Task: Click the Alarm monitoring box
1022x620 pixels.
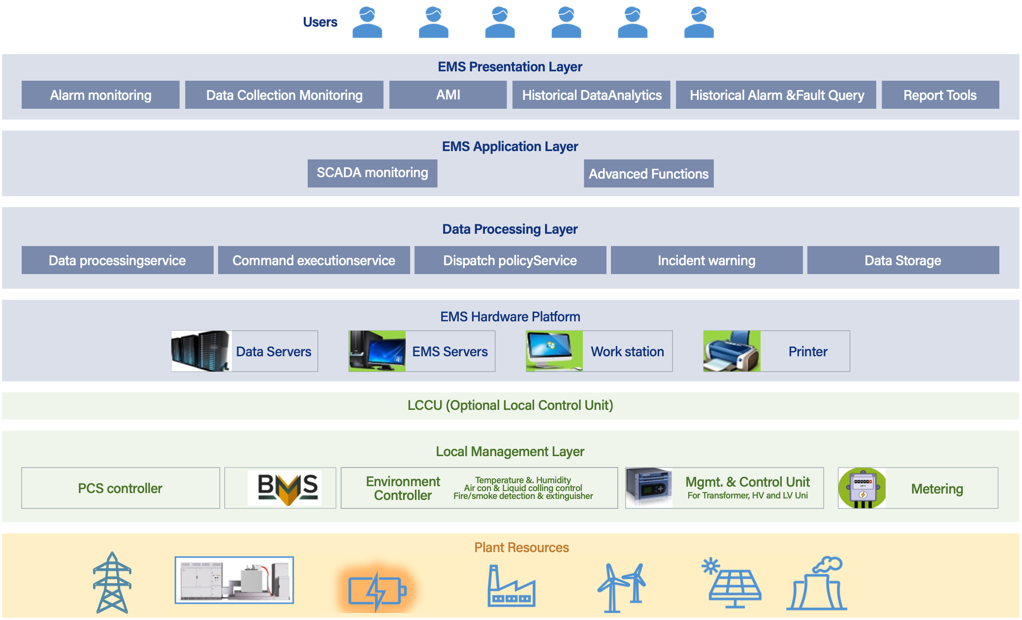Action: (100, 95)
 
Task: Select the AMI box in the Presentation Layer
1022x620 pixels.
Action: (448, 95)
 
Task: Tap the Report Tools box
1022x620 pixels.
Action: (940, 95)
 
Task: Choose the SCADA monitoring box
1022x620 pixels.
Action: (372, 173)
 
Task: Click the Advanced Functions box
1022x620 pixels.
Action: (648, 174)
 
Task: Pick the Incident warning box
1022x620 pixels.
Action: (706, 260)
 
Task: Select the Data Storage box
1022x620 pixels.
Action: (903, 260)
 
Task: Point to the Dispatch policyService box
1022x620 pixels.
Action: (510, 260)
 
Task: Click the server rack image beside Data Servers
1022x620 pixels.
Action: (201, 351)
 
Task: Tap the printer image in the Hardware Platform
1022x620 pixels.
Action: (732, 351)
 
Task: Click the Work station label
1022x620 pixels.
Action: (627, 351)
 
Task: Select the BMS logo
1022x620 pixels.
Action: (285, 488)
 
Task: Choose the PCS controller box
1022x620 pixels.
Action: (120, 488)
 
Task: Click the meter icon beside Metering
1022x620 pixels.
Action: (862, 488)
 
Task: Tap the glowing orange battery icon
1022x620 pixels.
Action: (377, 589)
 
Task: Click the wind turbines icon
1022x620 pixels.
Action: (622, 587)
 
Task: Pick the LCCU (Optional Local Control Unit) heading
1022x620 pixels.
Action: (510, 405)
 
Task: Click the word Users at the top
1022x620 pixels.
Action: (320, 22)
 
